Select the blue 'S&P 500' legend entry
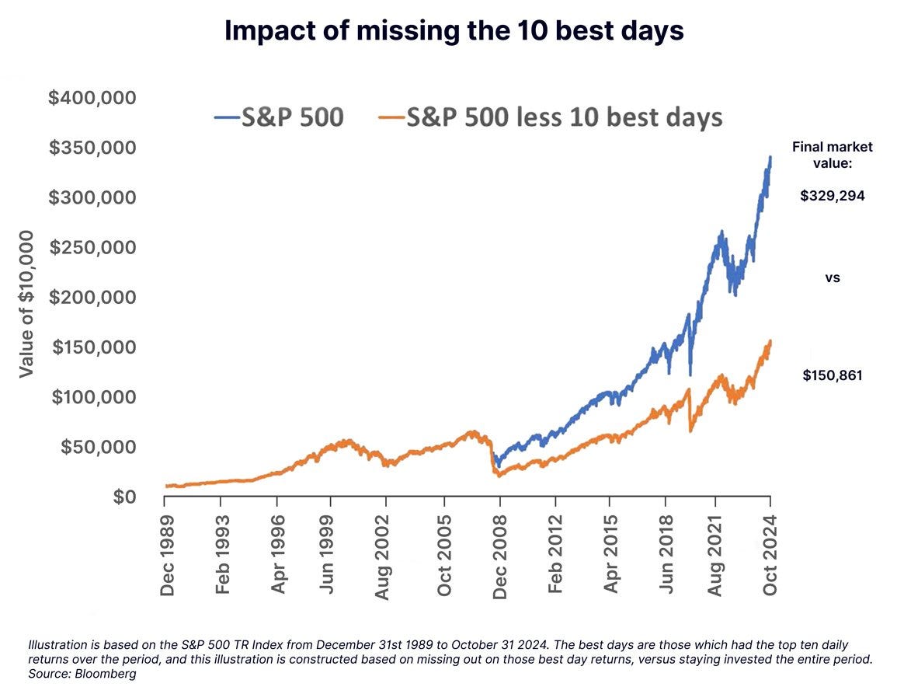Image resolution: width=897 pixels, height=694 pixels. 279,117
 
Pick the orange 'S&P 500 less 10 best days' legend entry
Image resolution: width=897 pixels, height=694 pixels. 551,117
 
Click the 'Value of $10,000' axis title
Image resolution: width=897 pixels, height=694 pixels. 26,303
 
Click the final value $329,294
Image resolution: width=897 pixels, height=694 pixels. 833,196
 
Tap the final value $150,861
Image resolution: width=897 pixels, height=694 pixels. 833,376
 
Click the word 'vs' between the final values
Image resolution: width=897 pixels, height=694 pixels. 833,277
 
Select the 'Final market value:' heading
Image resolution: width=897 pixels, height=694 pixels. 833,155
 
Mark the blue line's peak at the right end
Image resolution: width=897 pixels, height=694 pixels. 770,158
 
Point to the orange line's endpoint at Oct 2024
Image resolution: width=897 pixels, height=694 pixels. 770,341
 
